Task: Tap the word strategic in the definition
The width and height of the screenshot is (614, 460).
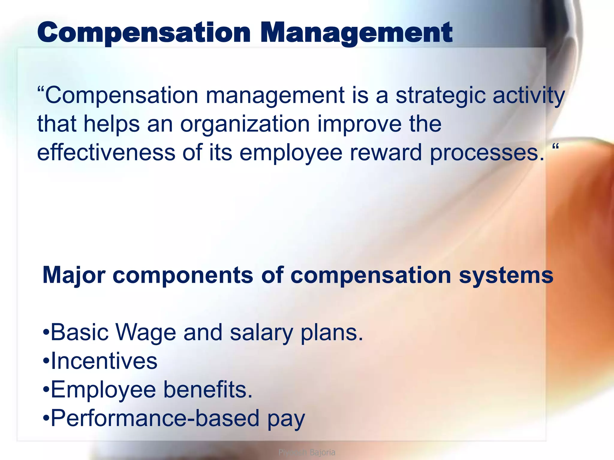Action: coord(440,96)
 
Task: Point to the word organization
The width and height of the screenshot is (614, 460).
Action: coord(245,125)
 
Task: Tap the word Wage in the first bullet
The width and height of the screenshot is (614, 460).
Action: coord(146,332)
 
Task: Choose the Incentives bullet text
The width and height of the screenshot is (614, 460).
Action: coord(104,361)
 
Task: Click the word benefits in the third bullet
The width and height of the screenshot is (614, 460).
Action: coord(208,389)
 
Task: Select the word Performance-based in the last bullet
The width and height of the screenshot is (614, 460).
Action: coord(155,418)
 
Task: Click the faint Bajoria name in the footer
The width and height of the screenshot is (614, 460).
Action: coord(322,452)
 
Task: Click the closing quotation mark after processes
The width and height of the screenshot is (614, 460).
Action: coord(555,147)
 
